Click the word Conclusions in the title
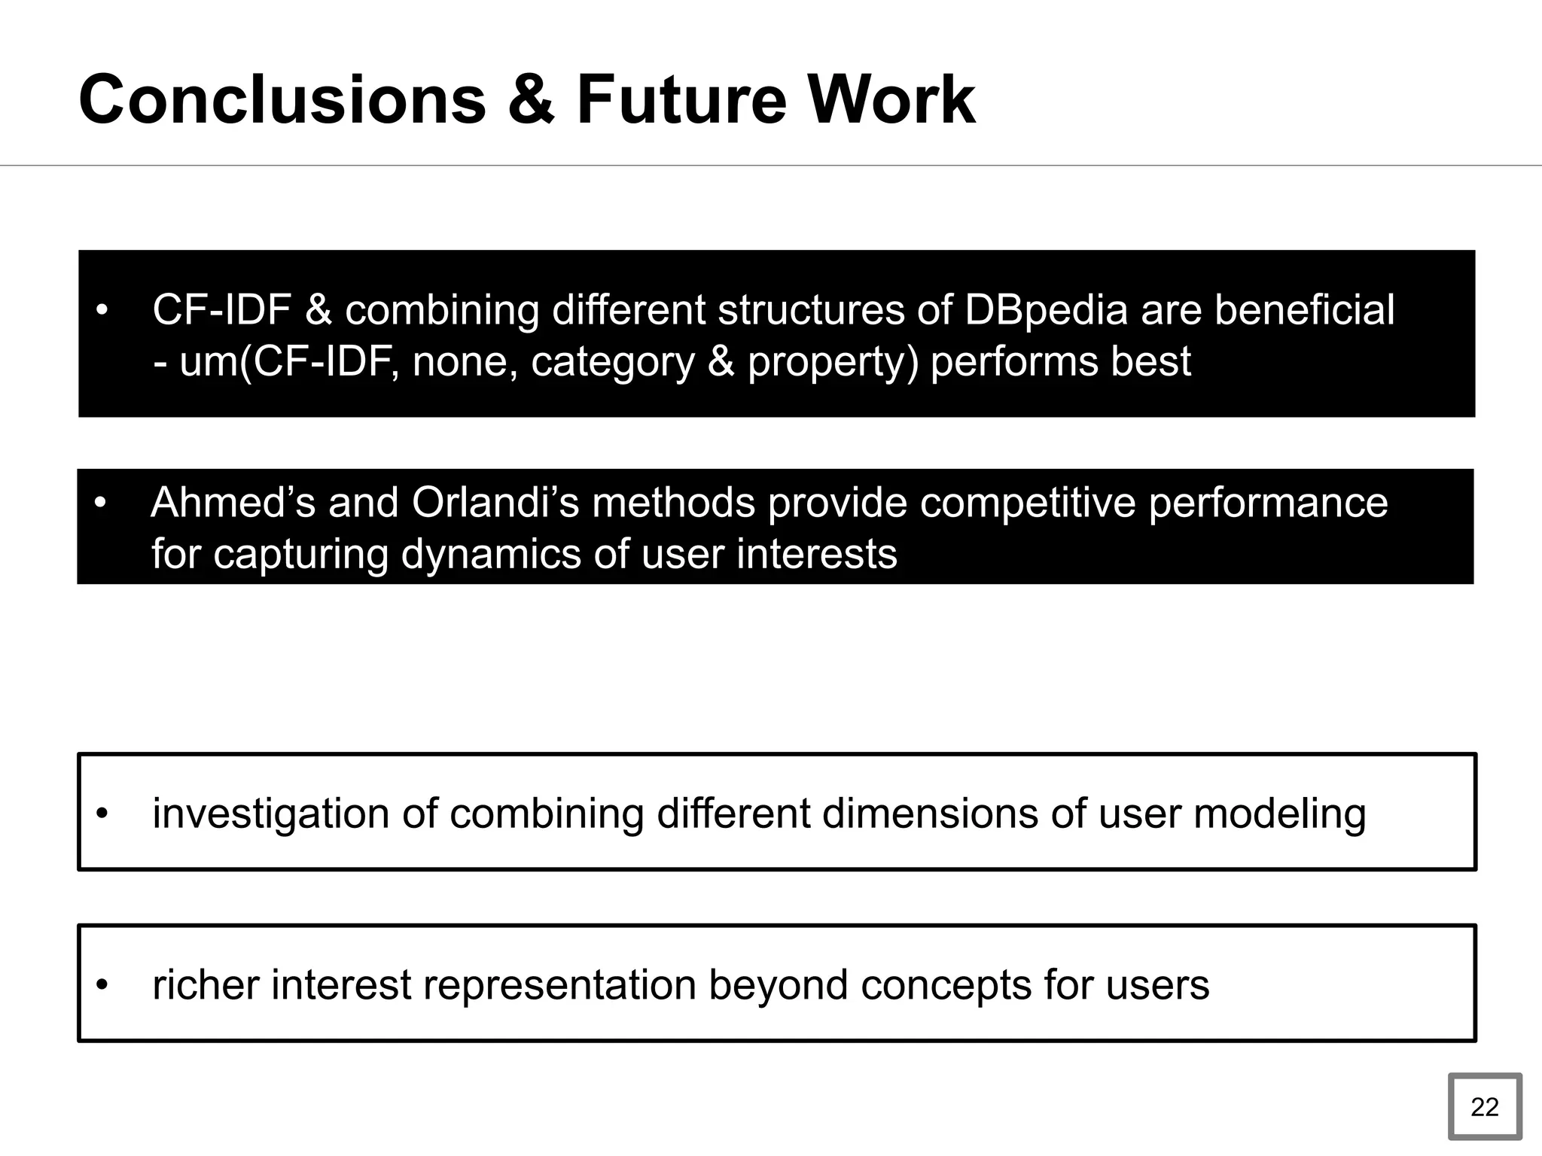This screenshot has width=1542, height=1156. pos(282,100)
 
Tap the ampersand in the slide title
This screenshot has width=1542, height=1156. pos(531,100)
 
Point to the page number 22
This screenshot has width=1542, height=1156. pos(1484,1107)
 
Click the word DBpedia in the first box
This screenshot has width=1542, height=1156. pos(1046,310)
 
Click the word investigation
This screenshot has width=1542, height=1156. pos(271,814)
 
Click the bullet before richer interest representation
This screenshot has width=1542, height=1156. pos(103,985)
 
